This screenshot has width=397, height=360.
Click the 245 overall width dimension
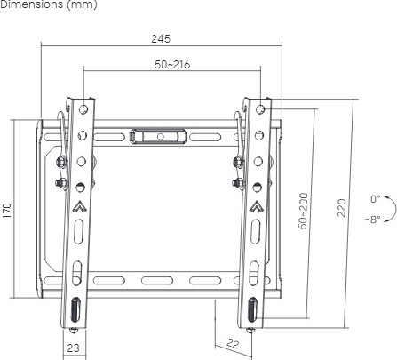pyautogui.click(x=161, y=39)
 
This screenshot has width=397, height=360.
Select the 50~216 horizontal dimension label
pyautogui.click(x=172, y=64)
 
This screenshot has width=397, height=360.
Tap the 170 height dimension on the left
pyautogui.click(x=6, y=211)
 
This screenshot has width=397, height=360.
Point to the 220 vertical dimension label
pyautogui.click(x=341, y=208)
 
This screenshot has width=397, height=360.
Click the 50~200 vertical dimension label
pyautogui.click(x=303, y=211)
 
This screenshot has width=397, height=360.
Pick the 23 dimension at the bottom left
pyautogui.click(x=73, y=348)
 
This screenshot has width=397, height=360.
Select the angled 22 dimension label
pyautogui.click(x=233, y=344)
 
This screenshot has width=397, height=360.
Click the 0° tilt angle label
pyautogui.click(x=376, y=199)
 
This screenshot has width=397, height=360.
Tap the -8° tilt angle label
pyautogui.click(x=373, y=220)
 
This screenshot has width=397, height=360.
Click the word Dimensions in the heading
pyautogui.click(x=32, y=4)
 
